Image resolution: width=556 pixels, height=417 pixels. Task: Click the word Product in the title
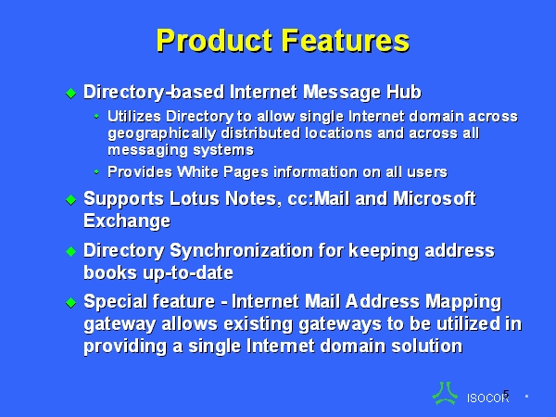215,41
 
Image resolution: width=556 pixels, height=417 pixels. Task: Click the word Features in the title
346,41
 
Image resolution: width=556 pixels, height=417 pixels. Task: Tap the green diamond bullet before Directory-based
71,94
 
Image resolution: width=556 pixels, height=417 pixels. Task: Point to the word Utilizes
134,117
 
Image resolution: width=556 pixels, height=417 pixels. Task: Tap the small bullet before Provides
96,172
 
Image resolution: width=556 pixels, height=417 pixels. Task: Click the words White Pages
222,172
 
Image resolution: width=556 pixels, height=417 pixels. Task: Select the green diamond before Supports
71,199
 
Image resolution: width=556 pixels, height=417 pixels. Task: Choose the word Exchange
127,221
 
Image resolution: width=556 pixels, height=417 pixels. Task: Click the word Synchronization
242,250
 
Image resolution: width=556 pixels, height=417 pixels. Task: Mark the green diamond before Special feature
71,302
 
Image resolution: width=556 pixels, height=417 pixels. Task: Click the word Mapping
463,302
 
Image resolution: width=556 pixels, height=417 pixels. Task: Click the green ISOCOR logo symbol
445,393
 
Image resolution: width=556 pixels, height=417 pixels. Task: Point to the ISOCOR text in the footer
488,398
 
